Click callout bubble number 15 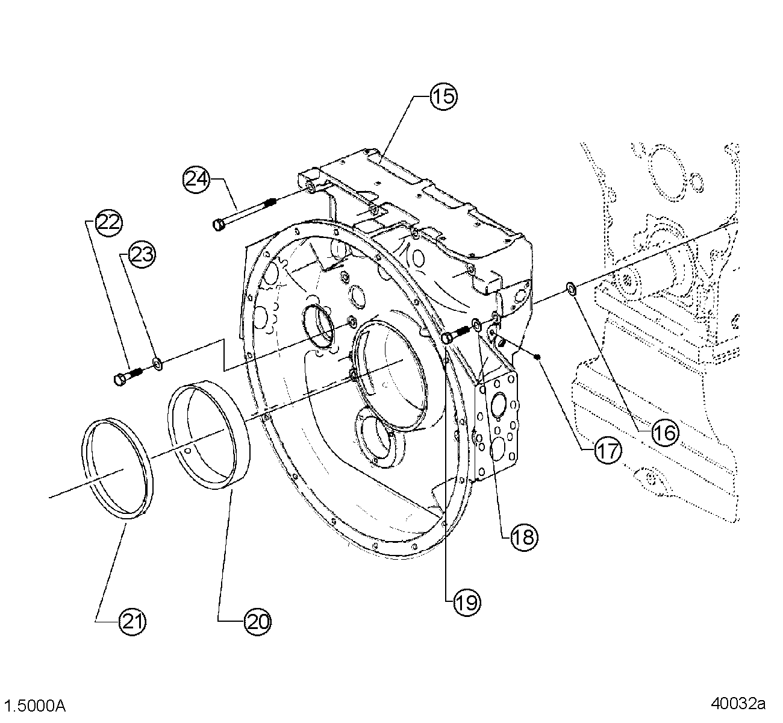443,96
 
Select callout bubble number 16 664,431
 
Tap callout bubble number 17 608,449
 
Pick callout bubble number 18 523,536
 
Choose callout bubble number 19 466,601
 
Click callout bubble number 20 257,620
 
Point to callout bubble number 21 133,620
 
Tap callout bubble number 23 142,255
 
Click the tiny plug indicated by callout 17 538,357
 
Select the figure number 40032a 737,703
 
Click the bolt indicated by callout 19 454,336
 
